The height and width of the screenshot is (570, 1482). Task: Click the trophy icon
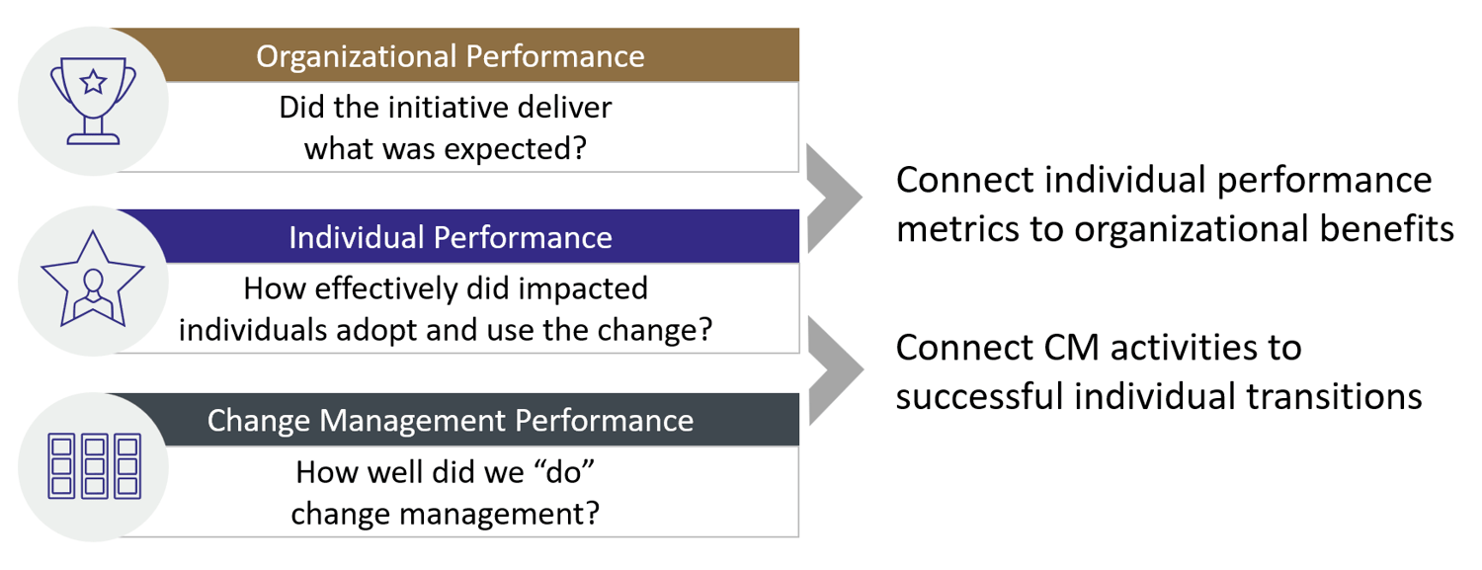click(x=93, y=99)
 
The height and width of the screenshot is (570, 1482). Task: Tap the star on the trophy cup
click(x=93, y=82)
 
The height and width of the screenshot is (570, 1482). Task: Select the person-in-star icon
click(x=92, y=281)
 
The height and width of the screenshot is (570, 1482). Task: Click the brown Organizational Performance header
click(x=451, y=55)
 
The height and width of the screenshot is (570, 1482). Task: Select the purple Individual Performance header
click(x=451, y=237)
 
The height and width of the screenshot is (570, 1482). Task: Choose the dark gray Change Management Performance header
click(x=451, y=420)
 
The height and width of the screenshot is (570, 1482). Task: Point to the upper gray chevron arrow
click(x=833, y=198)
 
